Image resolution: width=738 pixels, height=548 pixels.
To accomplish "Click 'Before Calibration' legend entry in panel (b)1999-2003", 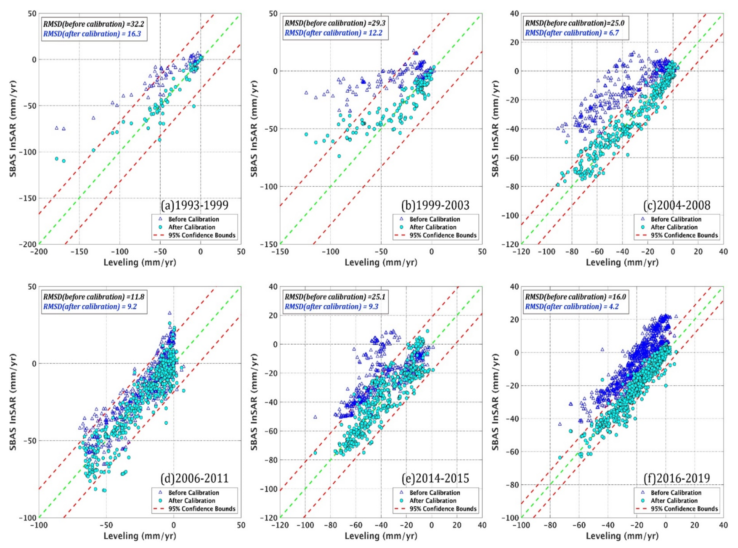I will [x=435, y=219].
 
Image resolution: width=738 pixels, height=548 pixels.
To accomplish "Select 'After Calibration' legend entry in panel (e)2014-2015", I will [x=433, y=501].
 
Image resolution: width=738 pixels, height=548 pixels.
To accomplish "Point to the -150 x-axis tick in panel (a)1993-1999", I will [x=79, y=252].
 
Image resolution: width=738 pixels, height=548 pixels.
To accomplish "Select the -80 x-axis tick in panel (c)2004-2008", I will [x=572, y=252].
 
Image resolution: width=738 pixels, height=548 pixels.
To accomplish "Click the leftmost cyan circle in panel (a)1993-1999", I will [x=57, y=159].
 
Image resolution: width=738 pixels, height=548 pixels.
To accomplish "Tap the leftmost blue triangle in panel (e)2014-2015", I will [x=315, y=417].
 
